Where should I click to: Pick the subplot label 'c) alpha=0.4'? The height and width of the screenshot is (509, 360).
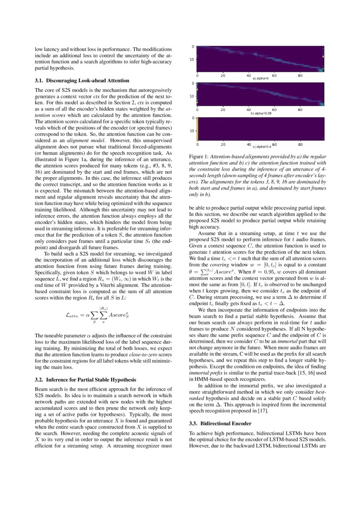pyautogui.click(x=263, y=147)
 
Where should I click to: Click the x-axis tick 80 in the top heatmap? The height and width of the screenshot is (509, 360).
pyautogui.click(x=300, y=76)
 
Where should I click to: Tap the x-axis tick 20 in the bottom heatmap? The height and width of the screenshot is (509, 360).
pyautogui.click(x=223, y=144)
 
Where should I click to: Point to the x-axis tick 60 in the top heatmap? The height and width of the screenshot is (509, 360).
pyautogui.click(x=274, y=76)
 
